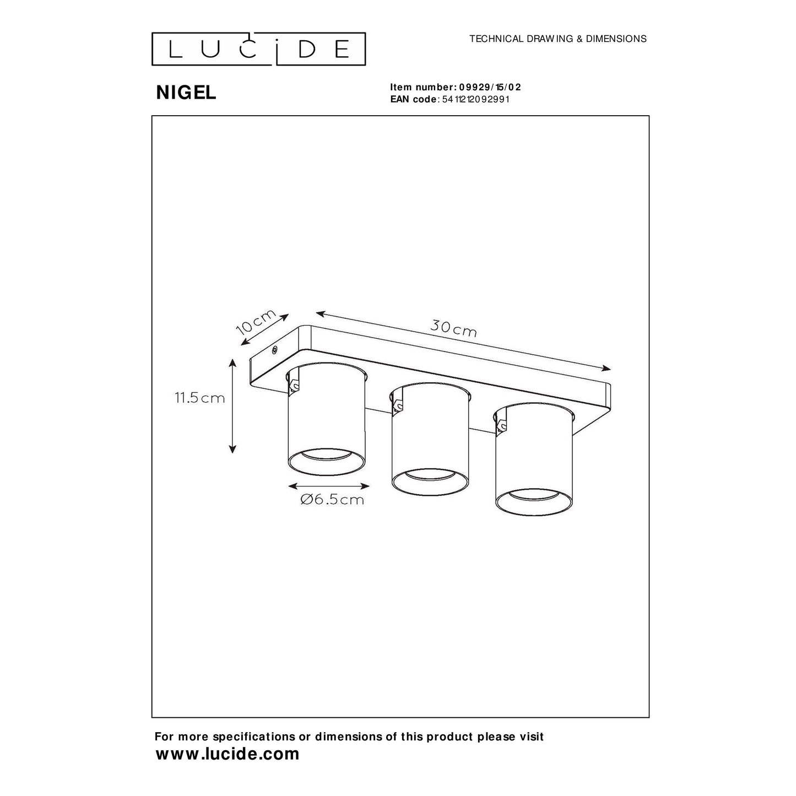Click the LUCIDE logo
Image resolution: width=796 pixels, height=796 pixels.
258,48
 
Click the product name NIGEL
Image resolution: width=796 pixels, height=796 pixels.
186,93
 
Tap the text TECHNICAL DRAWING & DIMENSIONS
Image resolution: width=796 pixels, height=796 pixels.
557,39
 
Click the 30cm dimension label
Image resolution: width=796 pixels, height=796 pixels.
453,329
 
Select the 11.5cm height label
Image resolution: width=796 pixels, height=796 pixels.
200,398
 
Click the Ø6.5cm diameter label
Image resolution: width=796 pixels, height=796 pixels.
332,500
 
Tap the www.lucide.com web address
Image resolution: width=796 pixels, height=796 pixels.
228,754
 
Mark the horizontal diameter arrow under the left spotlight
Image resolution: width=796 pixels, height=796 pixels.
328,486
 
